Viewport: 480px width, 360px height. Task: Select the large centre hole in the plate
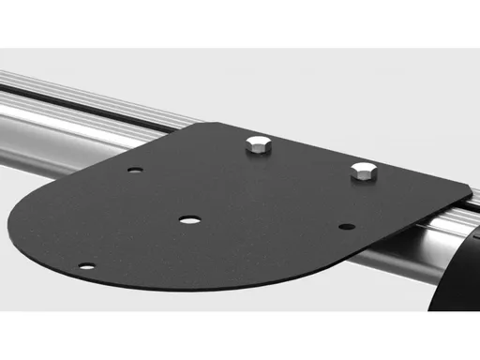point(190,219)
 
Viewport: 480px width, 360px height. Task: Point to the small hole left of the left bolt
point(137,171)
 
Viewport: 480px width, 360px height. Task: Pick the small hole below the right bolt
point(346,227)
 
